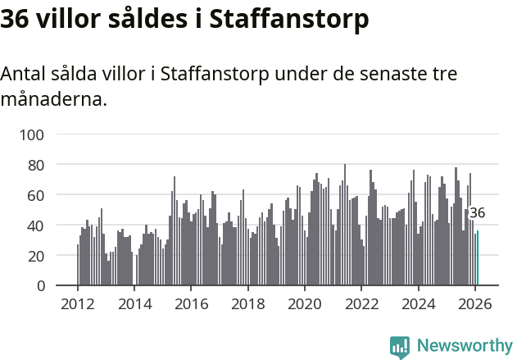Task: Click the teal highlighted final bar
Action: [x=478, y=258]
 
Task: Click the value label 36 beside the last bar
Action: [x=477, y=213]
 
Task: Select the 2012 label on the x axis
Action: [x=78, y=303]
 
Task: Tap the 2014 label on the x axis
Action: [x=134, y=303]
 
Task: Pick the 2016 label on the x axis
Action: [x=191, y=303]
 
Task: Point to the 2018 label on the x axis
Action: [x=247, y=303]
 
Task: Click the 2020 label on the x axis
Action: [x=305, y=303]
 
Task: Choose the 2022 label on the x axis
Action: [x=361, y=303]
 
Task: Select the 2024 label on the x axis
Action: [x=418, y=303]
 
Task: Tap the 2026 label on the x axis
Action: [x=475, y=303]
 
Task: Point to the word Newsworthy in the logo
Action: [x=464, y=346]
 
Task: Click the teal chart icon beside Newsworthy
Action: [x=400, y=347]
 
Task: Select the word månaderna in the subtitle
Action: [x=53, y=101]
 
